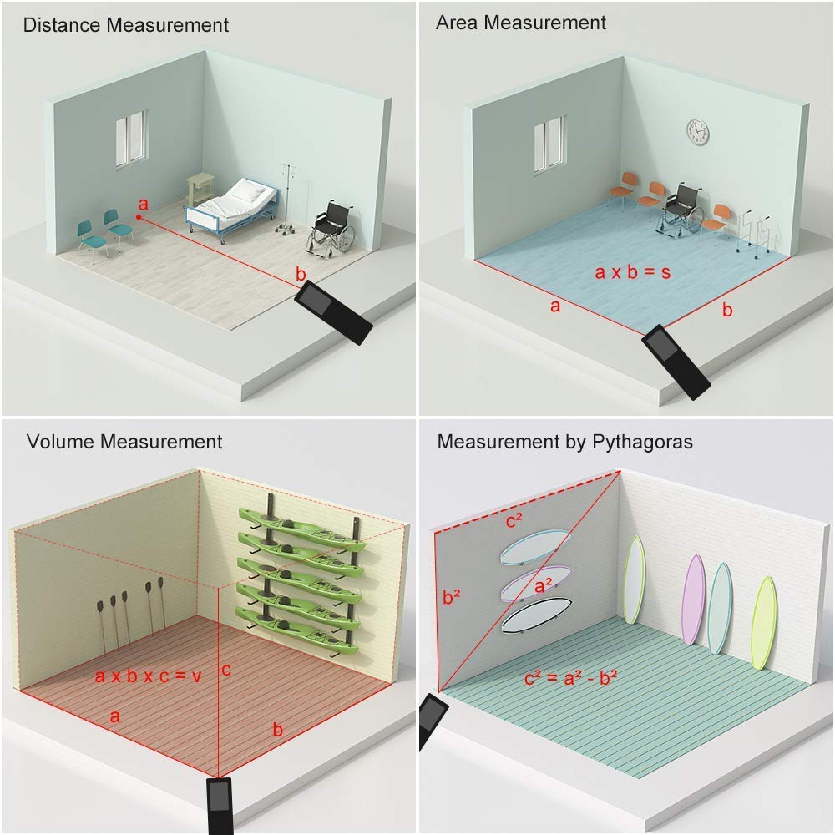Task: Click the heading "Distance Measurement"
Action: (x=125, y=25)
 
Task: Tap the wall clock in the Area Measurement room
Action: (x=696, y=131)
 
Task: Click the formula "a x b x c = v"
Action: (x=148, y=676)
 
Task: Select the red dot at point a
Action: (x=139, y=218)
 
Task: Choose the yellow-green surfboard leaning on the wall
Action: (x=763, y=622)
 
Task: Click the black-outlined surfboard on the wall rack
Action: (x=534, y=618)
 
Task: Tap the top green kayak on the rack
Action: (x=301, y=522)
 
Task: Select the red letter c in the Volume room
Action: (x=226, y=670)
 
